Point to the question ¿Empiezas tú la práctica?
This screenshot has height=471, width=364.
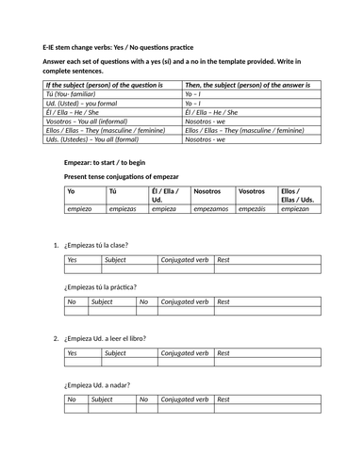pyautogui.click(x=100, y=286)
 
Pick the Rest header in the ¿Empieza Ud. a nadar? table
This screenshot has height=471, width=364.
pyautogui.click(x=223, y=398)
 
